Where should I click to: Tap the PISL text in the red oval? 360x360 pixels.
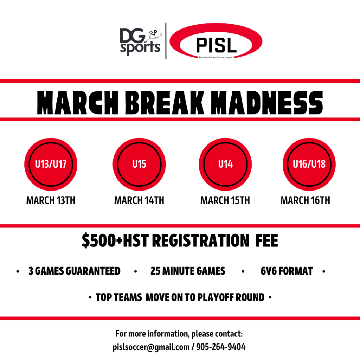click(216, 45)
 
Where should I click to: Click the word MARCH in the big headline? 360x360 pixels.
click(78, 103)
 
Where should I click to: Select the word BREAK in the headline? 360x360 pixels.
click(165, 103)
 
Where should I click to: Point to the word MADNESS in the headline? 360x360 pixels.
click(267, 103)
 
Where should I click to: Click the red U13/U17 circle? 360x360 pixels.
click(51, 164)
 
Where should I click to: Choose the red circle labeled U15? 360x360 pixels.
click(139, 164)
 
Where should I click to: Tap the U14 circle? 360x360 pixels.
click(225, 164)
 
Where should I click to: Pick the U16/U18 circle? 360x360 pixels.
click(309, 164)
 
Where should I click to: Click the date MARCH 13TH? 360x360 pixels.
click(51, 200)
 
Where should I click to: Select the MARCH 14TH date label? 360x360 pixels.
click(139, 200)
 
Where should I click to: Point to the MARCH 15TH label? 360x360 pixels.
click(225, 200)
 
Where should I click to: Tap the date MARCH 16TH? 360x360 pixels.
click(306, 200)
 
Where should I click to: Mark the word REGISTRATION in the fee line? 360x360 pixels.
click(201, 240)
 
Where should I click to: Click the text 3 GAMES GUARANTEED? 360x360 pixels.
click(75, 271)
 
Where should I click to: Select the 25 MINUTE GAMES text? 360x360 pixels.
click(188, 271)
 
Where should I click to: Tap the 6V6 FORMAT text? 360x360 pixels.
click(287, 271)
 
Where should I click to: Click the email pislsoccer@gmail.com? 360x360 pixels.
click(151, 347)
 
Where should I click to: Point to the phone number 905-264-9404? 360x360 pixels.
click(221, 347)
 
